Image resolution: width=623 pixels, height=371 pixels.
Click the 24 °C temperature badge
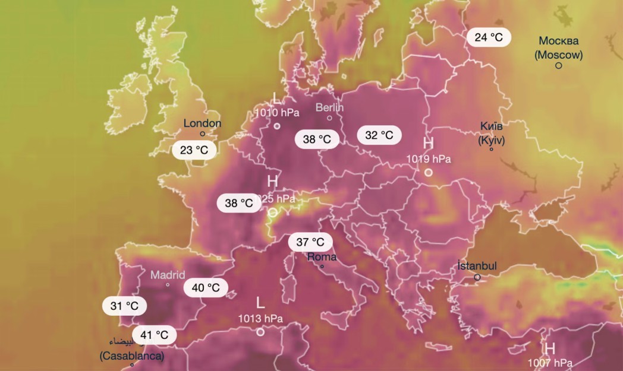pyautogui.click(x=489, y=37)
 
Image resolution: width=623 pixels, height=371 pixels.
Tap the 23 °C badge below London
pyautogui.click(x=194, y=150)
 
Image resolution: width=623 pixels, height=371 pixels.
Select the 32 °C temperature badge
pyautogui.click(x=379, y=135)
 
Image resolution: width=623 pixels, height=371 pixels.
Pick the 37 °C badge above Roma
pyautogui.click(x=310, y=242)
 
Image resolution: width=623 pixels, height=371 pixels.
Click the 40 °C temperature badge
pyautogui.click(x=206, y=288)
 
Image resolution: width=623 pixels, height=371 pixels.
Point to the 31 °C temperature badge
pyautogui.click(x=124, y=306)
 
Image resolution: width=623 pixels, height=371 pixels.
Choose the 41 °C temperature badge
pyautogui.click(x=155, y=335)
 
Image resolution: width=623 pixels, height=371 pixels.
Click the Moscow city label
pyautogui.click(x=558, y=48)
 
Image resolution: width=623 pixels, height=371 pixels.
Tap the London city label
pyautogui.click(x=202, y=123)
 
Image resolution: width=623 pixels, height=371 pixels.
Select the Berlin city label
pyautogui.click(x=329, y=107)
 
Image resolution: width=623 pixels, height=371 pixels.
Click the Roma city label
pyautogui.click(x=322, y=257)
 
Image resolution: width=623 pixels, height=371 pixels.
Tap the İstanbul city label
pyautogui.click(x=477, y=266)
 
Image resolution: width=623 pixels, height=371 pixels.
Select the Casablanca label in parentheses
pyautogui.click(x=131, y=356)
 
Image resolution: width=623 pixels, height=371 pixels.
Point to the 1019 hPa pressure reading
pyautogui.click(x=429, y=158)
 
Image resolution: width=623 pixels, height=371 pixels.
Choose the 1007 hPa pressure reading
pyautogui.click(x=550, y=363)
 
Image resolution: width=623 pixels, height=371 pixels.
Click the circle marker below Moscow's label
pyautogui.click(x=559, y=65)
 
